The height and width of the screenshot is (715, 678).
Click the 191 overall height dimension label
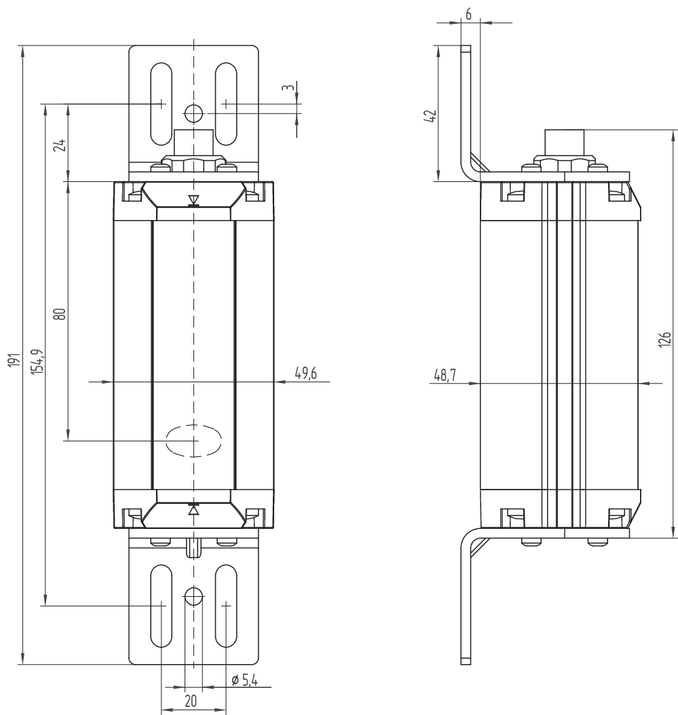14,360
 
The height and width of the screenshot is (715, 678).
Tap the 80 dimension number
60,314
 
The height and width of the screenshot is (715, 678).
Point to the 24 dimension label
60,145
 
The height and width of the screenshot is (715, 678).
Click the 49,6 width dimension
305,373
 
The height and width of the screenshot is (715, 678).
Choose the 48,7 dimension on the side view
445,375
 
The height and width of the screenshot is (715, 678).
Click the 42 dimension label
430,116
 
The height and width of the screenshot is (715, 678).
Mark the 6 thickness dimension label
468,14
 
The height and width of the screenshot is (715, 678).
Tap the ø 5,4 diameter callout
245,680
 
